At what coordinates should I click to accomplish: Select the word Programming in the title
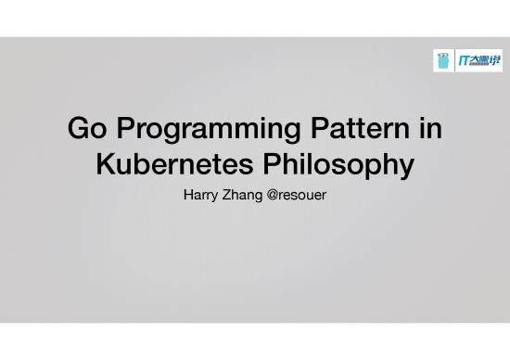point(201,131)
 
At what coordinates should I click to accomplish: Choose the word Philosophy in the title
point(340,167)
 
